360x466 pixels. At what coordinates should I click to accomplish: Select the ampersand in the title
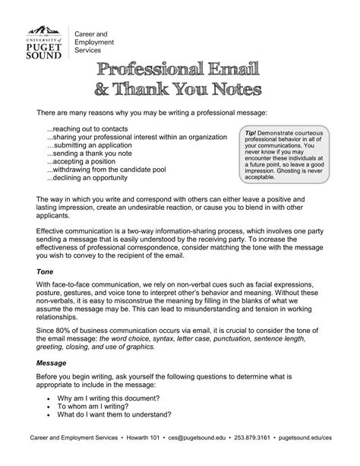click(x=104, y=90)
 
